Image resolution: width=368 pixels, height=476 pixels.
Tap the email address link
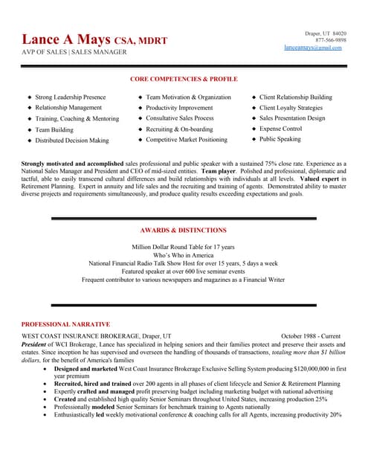313,48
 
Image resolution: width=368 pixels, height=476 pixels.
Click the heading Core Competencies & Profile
184,79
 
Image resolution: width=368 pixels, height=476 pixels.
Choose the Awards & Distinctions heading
184,231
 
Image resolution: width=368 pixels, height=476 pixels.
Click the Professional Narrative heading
65,324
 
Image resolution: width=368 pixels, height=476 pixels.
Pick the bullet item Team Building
54,129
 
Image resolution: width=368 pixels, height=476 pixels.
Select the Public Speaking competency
280,139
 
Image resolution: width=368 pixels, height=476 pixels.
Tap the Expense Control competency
280,129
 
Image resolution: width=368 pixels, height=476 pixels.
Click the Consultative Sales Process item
179,118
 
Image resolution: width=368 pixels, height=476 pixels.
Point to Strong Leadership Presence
70,97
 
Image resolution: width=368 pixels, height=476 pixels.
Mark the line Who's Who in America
184,255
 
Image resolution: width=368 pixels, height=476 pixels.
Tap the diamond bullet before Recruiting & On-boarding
140,129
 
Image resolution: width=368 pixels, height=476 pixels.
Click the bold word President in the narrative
33,345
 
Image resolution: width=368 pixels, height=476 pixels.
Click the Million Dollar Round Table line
184,246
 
